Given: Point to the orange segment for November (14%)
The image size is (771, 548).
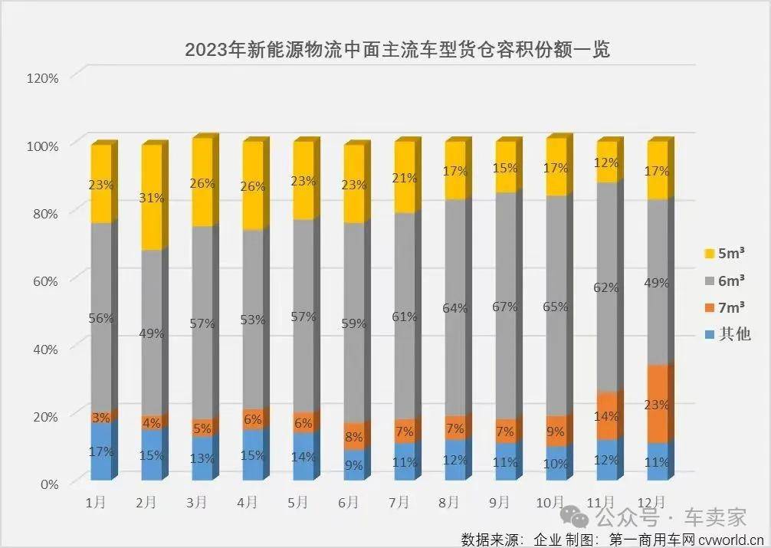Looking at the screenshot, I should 606,415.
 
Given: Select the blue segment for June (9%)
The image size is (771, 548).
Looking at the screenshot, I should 354,464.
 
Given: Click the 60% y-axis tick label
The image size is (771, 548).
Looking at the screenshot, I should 44,281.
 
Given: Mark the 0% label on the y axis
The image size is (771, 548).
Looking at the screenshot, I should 48,484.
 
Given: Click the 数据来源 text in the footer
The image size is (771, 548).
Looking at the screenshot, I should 487,538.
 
